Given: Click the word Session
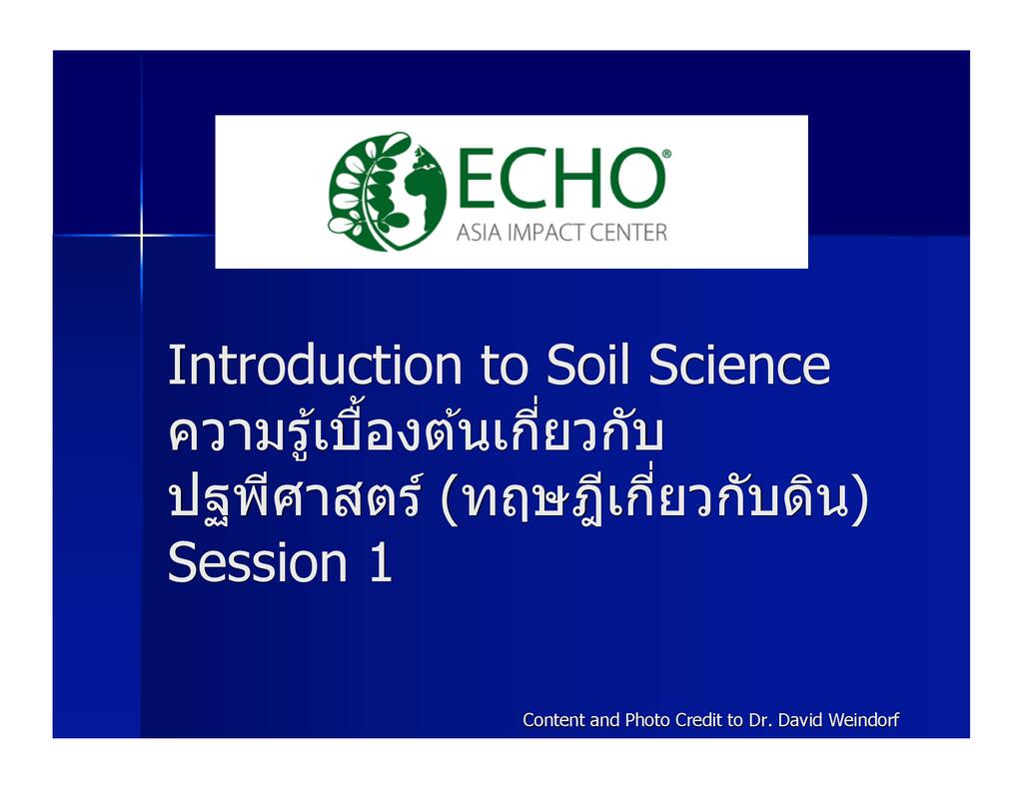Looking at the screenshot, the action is [257, 561].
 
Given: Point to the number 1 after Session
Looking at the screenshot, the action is [381, 561].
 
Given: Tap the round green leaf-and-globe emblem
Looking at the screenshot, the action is [387, 191].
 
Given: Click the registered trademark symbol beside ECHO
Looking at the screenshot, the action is [666, 154].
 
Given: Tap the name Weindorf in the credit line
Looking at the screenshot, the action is [864, 719].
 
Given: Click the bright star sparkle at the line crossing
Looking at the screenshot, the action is [142, 235].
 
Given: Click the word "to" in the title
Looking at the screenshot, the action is [504, 366].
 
